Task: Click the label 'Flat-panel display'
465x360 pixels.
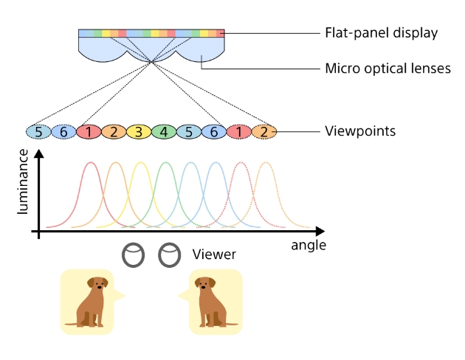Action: [382, 33]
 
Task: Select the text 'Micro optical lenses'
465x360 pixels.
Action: [387, 69]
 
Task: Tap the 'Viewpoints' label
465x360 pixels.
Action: [360, 132]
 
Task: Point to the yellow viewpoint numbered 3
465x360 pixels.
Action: [139, 132]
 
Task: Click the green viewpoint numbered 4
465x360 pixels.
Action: [164, 132]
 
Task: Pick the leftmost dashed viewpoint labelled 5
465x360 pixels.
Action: [38, 132]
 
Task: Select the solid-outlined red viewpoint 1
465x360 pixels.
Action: [89, 132]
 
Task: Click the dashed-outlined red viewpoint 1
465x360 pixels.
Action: [239, 132]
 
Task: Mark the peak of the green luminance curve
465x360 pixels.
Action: [165, 162]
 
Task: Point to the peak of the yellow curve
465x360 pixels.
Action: [140, 162]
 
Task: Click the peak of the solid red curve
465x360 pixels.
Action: [90, 162]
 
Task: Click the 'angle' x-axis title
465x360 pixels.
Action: [309, 245]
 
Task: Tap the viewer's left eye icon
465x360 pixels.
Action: [133, 255]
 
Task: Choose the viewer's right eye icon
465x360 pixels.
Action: [170, 255]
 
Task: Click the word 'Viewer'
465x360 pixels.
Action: [214, 255]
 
